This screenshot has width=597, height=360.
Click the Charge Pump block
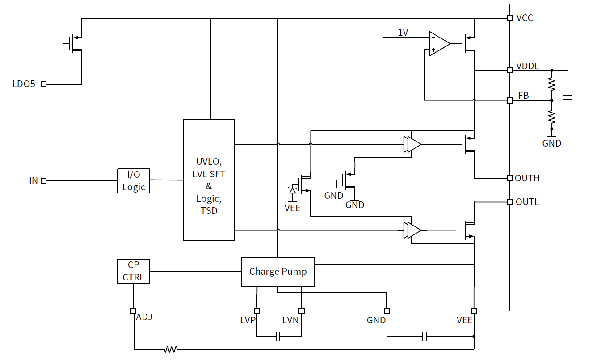click(x=277, y=272)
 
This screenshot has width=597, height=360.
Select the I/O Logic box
click(x=134, y=181)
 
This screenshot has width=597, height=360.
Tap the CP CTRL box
click(x=133, y=271)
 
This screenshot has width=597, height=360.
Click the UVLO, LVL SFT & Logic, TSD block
click(x=208, y=180)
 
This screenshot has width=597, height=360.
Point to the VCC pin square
click(x=509, y=18)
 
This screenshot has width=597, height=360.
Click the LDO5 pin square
click(x=43, y=84)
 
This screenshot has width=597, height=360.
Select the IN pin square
click(x=43, y=181)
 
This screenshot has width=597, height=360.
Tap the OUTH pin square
click(x=509, y=178)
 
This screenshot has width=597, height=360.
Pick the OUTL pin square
click(x=509, y=202)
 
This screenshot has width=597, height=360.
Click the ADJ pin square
click(x=133, y=311)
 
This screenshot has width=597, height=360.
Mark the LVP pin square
click(x=257, y=311)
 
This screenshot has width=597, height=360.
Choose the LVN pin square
click(x=302, y=311)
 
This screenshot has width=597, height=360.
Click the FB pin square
click(x=509, y=100)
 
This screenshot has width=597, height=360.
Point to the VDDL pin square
click(x=509, y=70)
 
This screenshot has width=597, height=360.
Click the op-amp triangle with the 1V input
click(x=439, y=44)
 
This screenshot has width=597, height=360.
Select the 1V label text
click(x=403, y=32)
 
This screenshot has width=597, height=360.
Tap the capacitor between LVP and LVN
click(x=278, y=336)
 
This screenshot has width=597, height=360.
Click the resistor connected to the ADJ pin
click(x=171, y=349)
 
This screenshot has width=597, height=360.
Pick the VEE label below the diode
click(x=293, y=208)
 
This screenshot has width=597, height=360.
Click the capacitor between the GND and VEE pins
click(x=425, y=336)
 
